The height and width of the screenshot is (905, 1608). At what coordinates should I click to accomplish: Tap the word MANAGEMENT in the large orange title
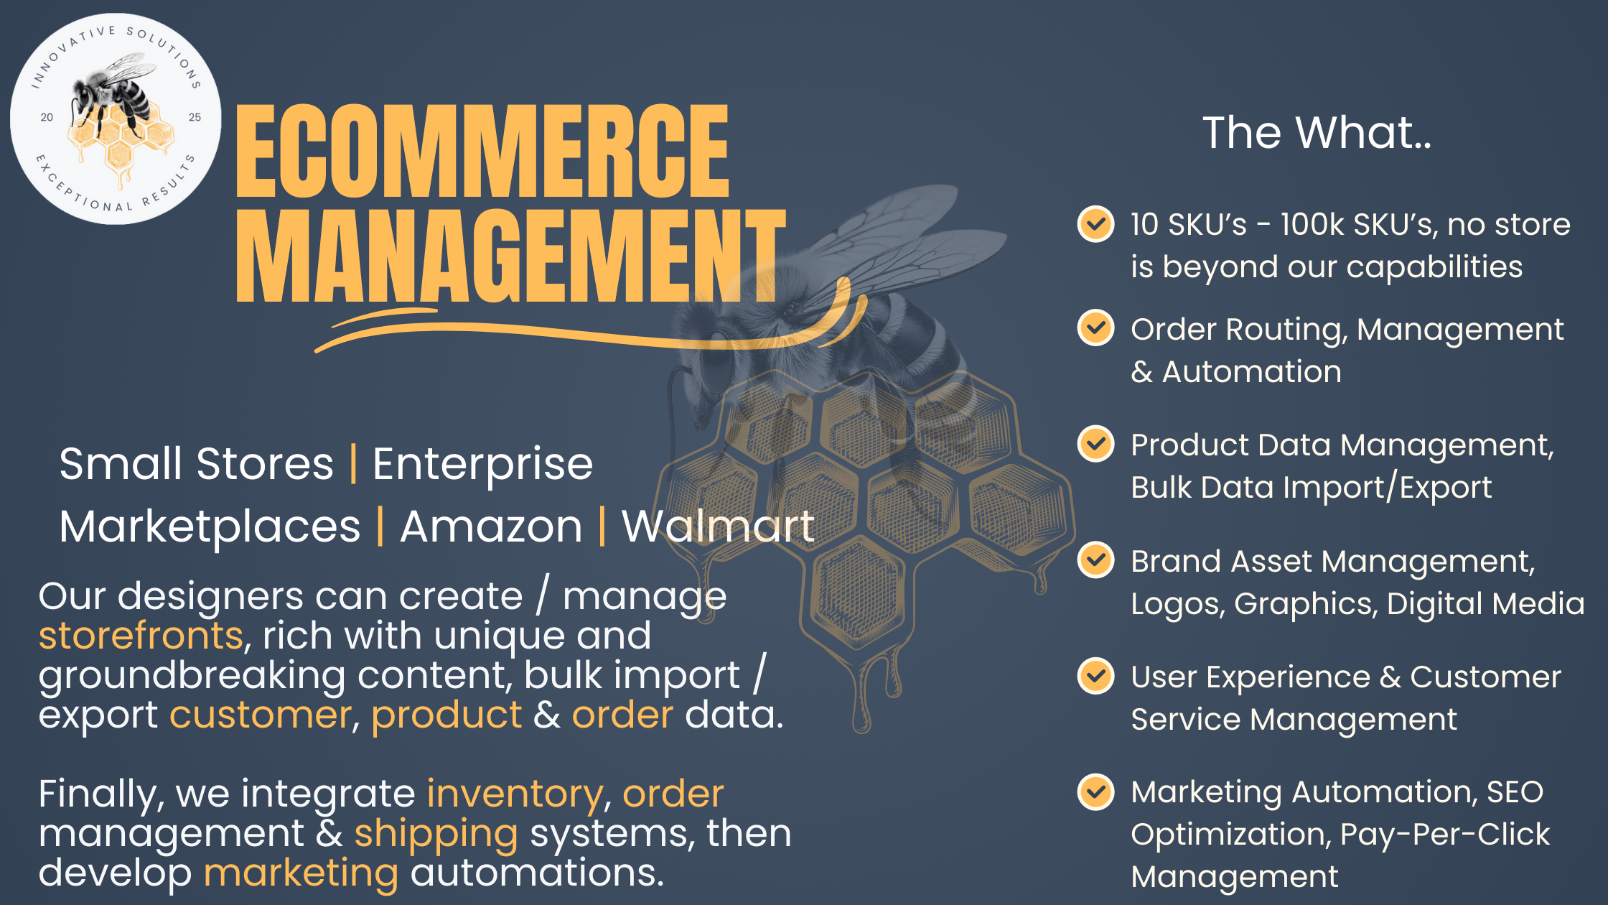tap(511, 256)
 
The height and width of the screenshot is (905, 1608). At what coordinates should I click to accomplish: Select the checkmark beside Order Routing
tap(1095, 328)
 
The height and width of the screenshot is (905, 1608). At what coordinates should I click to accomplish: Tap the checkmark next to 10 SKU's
tap(1095, 224)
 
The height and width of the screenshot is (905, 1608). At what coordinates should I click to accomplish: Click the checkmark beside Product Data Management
tap(1095, 444)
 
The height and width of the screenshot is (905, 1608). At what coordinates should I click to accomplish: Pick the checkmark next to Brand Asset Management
tap(1095, 560)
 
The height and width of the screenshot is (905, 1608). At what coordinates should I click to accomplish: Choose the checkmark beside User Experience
tap(1095, 676)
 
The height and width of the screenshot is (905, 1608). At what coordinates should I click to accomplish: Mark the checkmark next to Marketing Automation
tap(1095, 792)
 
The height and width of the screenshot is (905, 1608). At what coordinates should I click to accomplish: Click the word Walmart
tap(718, 526)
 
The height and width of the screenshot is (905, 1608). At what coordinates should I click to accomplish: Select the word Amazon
tap(491, 526)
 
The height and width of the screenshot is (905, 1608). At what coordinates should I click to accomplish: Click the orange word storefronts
tap(141, 636)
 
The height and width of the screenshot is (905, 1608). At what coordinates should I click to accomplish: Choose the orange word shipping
tap(436, 835)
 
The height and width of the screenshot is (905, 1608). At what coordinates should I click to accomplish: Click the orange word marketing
tap(301, 874)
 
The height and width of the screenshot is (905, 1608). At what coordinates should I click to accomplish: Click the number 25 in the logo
tap(195, 117)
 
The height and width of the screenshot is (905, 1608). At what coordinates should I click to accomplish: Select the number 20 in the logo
tap(47, 117)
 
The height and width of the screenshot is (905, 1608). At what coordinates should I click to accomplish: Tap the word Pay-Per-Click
tap(1444, 834)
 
